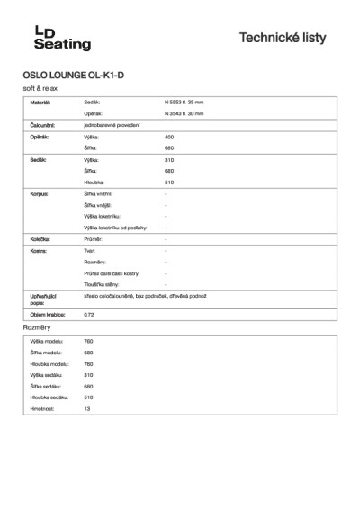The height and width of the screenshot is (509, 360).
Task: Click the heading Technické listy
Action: click(283, 39)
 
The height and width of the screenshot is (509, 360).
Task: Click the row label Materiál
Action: click(41, 103)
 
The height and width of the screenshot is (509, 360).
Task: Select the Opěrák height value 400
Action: click(169, 137)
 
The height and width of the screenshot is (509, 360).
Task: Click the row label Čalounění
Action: click(43, 126)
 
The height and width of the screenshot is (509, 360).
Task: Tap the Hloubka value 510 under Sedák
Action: click(169, 181)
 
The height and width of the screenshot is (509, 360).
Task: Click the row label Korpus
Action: click(39, 193)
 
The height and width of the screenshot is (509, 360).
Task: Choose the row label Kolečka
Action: click(40, 240)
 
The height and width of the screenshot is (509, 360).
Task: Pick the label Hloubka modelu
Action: click(50, 363)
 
